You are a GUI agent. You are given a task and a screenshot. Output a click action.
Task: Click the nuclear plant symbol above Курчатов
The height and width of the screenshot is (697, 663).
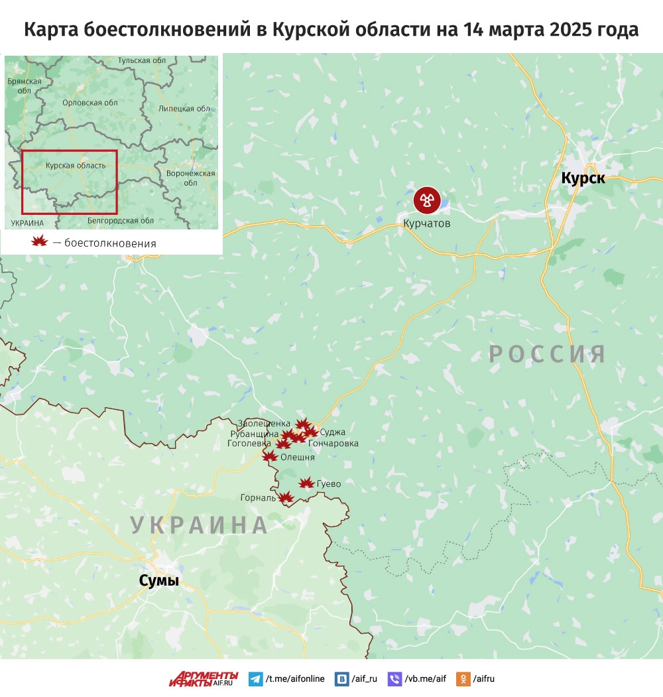[x=427, y=199]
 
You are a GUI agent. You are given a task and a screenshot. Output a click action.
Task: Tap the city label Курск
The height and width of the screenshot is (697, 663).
[x=583, y=178]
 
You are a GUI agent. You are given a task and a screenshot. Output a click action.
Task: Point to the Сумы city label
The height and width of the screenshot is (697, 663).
[x=159, y=581]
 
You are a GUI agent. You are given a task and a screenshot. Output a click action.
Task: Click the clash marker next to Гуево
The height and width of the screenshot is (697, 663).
[x=306, y=483]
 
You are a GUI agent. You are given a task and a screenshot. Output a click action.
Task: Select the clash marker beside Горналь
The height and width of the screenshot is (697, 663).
[x=286, y=497]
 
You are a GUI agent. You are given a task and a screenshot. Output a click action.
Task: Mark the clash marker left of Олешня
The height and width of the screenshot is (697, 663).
[x=269, y=456]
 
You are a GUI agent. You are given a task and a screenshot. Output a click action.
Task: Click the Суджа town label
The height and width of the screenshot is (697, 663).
[x=332, y=432]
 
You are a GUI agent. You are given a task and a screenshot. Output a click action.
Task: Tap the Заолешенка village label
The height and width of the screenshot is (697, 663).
[x=264, y=423]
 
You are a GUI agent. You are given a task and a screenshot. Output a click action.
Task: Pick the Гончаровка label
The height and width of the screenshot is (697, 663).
[x=333, y=443]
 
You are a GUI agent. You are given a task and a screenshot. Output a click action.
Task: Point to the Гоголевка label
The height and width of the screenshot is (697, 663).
[x=249, y=444]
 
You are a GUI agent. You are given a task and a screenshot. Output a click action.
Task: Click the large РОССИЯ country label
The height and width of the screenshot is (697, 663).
[x=548, y=354]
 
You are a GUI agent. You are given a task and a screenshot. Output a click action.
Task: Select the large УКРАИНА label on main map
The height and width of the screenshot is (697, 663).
[x=199, y=525]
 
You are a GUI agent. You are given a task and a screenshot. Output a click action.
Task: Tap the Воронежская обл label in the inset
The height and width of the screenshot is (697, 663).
[x=191, y=178]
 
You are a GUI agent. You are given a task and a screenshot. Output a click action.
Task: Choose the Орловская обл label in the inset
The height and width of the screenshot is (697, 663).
[x=90, y=103]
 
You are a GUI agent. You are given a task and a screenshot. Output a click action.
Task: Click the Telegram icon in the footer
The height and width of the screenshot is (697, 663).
[x=255, y=679]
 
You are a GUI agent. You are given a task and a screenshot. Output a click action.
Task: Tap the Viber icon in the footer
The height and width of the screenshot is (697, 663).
[x=394, y=679]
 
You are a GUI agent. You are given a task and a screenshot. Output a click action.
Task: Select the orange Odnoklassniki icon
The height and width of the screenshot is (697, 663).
[x=465, y=679]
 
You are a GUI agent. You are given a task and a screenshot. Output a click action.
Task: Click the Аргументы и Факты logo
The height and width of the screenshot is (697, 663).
[x=203, y=678]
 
